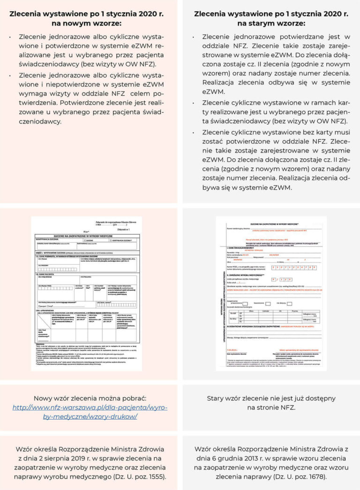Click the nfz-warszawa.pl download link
(90, 408)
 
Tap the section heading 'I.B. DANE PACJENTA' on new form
(45, 275)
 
